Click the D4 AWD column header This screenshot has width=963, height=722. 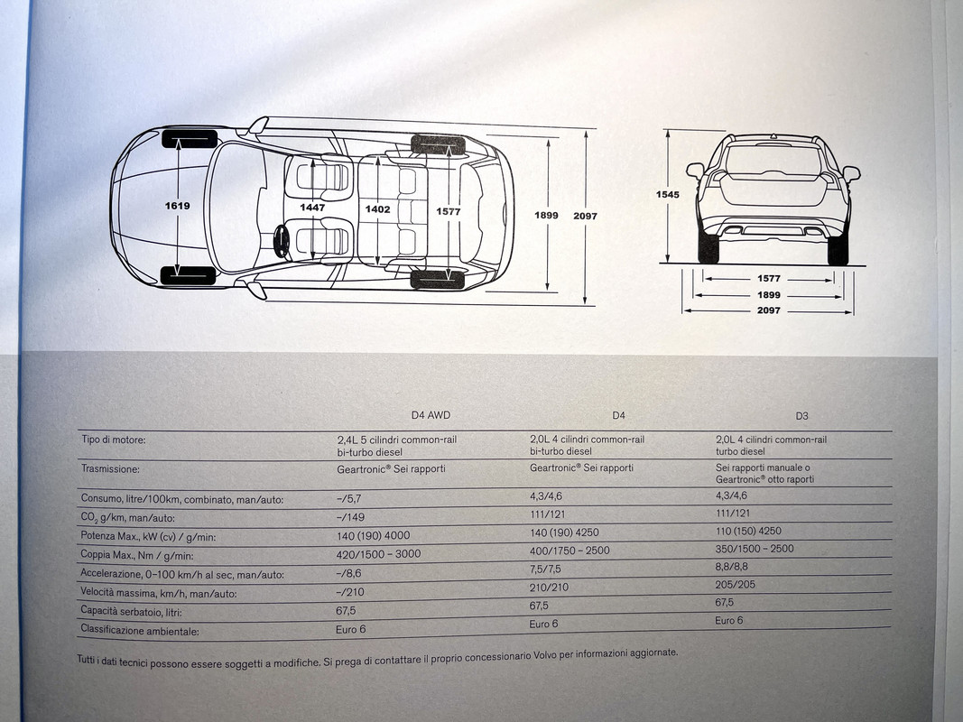(431, 415)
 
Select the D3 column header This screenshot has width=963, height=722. (801, 416)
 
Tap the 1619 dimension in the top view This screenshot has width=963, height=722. (177, 206)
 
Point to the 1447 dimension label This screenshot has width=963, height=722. (312, 208)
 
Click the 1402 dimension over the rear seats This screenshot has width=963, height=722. (377, 208)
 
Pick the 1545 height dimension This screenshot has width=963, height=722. (668, 194)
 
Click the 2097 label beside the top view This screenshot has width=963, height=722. (585, 217)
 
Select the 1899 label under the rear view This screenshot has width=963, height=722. (769, 295)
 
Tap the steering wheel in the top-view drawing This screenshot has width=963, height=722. (282, 241)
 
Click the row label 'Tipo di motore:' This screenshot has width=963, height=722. (113, 440)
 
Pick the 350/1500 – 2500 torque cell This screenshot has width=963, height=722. (755, 549)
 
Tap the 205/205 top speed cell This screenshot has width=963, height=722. (736, 584)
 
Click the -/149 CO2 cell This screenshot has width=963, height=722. (350, 517)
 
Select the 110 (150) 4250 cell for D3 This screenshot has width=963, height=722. (748, 531)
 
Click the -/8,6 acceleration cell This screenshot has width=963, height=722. (349, 573)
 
